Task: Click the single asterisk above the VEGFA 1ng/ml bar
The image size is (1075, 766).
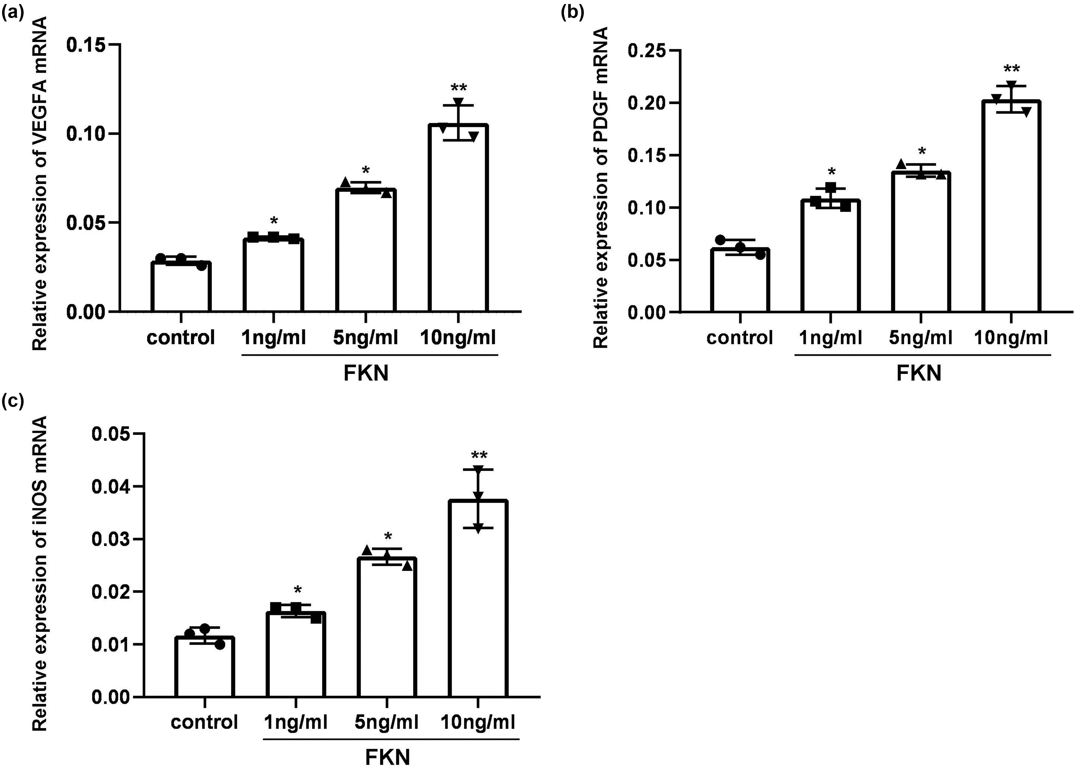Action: (274, 221)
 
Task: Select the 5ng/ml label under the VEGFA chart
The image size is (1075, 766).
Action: (365, 338)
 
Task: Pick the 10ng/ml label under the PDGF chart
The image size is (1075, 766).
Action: (1011, 338)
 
